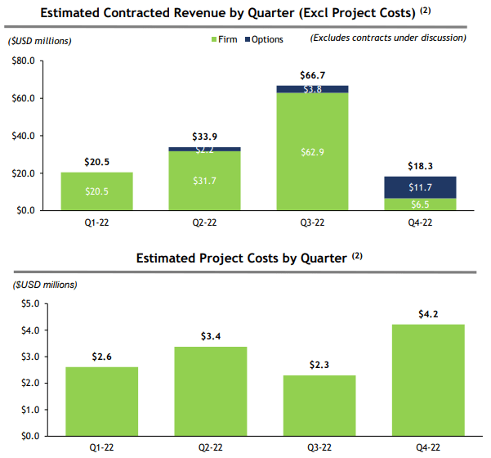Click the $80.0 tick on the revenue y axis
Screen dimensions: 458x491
21,61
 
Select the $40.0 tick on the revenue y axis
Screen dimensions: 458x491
21,136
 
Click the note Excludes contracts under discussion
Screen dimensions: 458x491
388,38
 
